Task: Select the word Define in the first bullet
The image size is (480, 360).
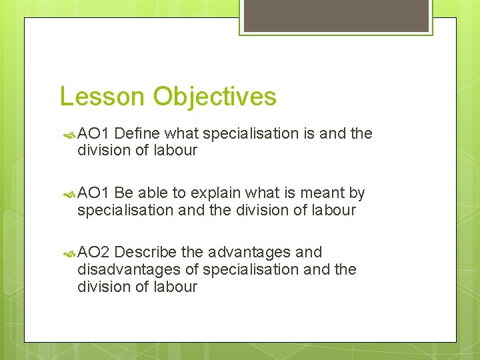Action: (141, 133)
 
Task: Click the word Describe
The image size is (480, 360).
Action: (145, 252)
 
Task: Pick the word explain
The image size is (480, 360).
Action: (216, 193)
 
